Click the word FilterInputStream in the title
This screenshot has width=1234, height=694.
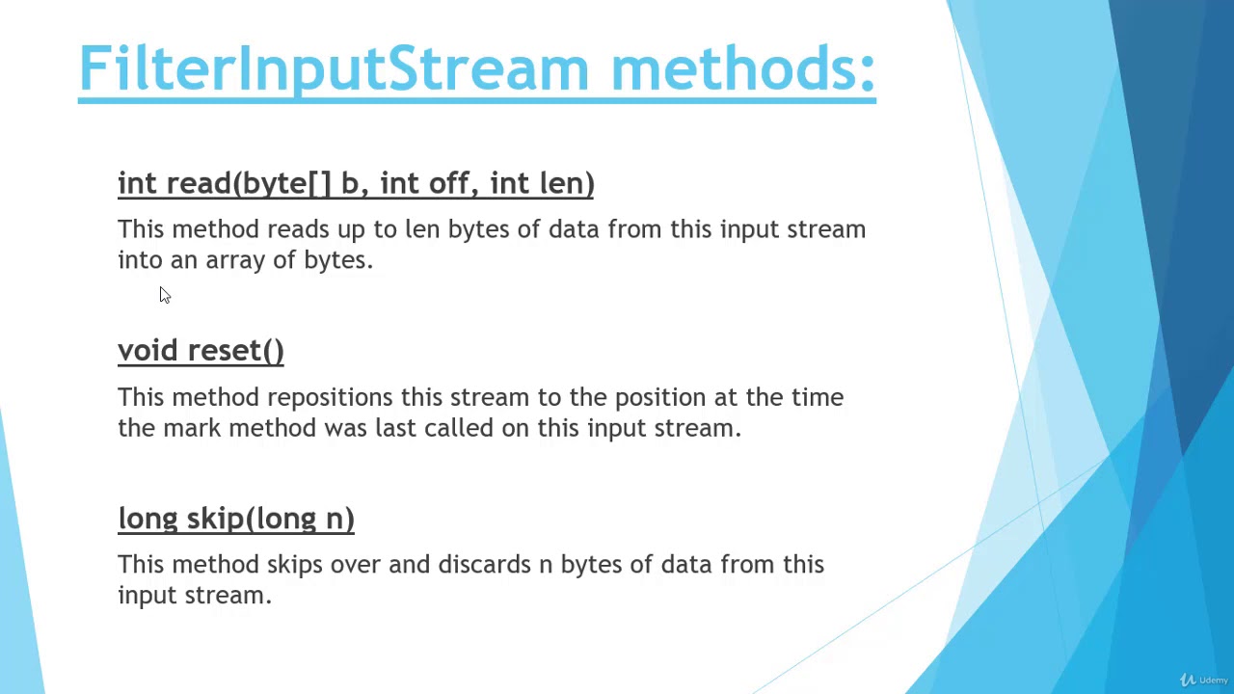click(x=333, y=69)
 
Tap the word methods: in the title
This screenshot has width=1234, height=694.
click(x=743, y=69)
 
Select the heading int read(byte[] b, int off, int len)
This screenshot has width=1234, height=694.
click(x=356, y=183)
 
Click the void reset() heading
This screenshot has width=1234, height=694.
click(x=201, y=351)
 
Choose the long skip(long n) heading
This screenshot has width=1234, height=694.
click(x=236, y=519)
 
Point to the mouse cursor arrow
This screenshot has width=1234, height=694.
click(x=164, y=295)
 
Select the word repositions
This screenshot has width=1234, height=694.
click(x=330, y=398)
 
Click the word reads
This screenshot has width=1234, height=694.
click(x=298, y=229)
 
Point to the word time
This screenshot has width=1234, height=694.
click(x=818, y=397)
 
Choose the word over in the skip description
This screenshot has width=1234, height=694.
click(x=356, y=565)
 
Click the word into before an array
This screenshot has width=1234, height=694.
click(x=140, y=260)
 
